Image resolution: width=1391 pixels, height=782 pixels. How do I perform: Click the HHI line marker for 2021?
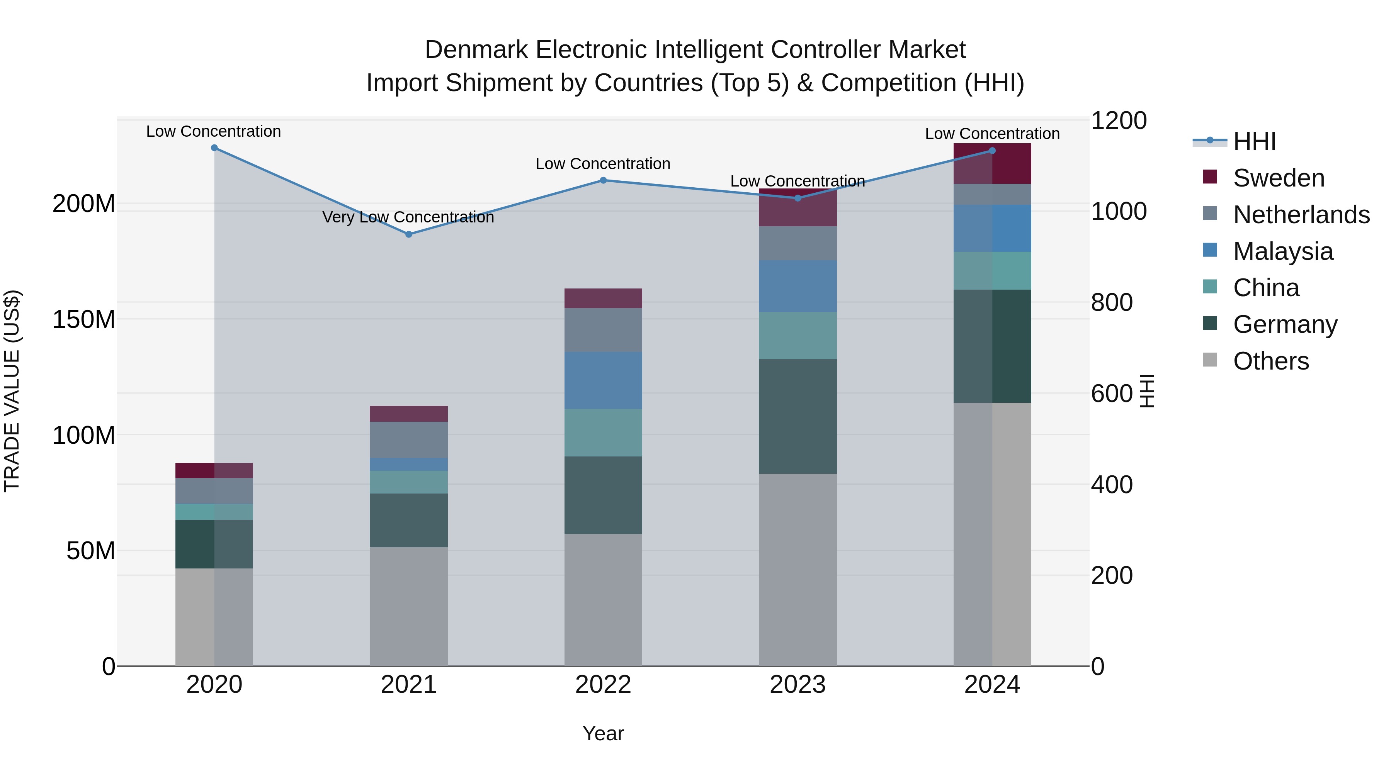[x=409, y=234]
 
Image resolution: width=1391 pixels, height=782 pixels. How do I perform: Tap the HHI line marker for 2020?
[x=214, y=148]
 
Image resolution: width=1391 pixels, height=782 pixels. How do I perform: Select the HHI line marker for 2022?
[x=603, y=180]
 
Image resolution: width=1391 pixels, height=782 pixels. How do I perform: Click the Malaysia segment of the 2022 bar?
[x=603, y=380]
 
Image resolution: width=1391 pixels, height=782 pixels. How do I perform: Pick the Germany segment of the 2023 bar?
[x=798, y=417]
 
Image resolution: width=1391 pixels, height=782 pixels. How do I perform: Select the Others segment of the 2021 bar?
[x=409, y=607]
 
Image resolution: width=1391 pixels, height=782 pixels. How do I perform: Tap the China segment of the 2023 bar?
[x=798, y=336]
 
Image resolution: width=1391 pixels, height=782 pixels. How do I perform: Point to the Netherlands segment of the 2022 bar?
[x=603, y=330]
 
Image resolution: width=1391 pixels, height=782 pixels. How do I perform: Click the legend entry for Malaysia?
[x=1282, y=251]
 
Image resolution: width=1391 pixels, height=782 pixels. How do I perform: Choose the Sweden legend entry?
[x=1278, y=178]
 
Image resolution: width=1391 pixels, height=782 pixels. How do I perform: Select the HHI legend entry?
[x=1254, y=141]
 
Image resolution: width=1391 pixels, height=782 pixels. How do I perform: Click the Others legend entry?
[x=1270, y=361]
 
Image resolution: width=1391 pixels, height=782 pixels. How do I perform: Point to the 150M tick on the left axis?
[x=84, y=319]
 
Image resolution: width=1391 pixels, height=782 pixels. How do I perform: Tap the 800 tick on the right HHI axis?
[x=1111, y=302]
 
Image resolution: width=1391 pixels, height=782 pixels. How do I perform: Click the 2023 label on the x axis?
[x=798, y=685]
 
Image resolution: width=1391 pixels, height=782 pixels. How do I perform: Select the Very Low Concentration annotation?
[x=408, y=217]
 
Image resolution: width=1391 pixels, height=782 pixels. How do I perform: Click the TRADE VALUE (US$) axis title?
[x=12, y=391]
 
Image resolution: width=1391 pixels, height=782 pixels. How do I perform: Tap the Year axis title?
[x=603, y=733]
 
